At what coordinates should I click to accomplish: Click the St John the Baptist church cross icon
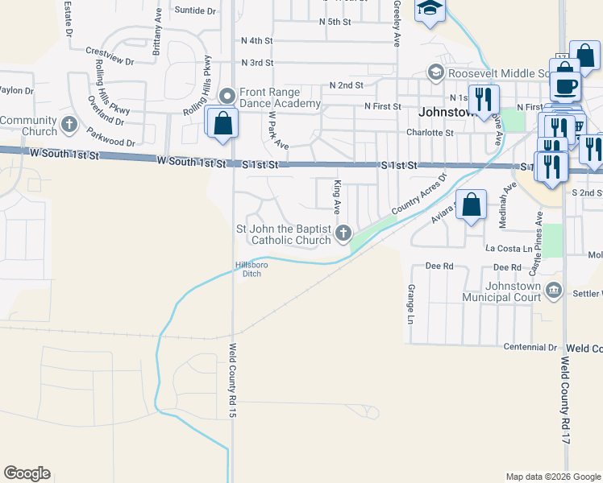pyautogui.click(x=343, y=233)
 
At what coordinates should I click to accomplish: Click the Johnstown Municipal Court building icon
pyautogui.click(x=553, y=290)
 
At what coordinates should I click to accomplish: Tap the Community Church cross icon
pyautogui.click(x=69, y=126)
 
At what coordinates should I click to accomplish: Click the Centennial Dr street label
pyautogui.click(x=531, y=348)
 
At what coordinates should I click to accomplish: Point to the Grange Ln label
pyautogui.click(x=410, y=299)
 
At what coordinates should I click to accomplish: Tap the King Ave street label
pyautogui.click(x=336, y=196)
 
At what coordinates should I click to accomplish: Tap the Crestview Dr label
pyautogui.click(x=109, y=56)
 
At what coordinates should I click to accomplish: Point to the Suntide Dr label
pyautogui.click(x=195, y=11)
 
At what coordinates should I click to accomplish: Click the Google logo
pyautogui.click(x=27, y=473)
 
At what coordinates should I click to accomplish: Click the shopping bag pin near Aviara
pyautogui.click(x=472, y=204)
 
